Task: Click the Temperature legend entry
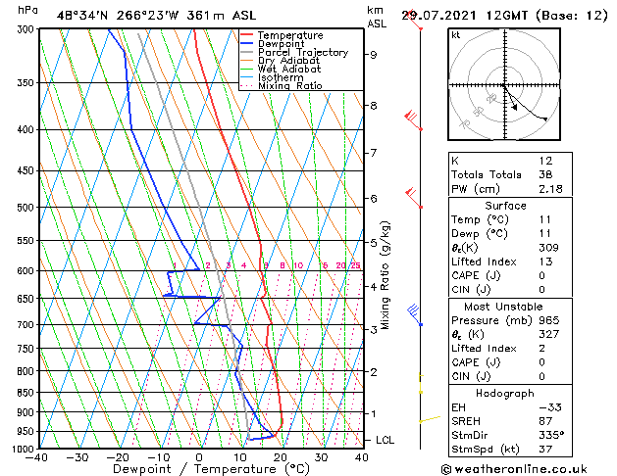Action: (289, 35)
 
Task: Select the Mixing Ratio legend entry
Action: (290, 86)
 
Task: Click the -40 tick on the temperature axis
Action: (37, 456)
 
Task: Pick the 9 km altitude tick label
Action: (374, 55)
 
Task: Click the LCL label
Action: (386, 441)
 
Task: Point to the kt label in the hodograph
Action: (455, 34)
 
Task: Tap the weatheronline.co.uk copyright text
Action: (529, 468)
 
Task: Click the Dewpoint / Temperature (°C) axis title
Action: (199, 469)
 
